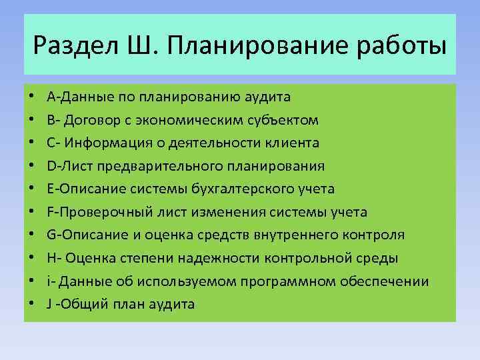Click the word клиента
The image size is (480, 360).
click(293, 143)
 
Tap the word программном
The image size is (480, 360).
click(289, 281)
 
